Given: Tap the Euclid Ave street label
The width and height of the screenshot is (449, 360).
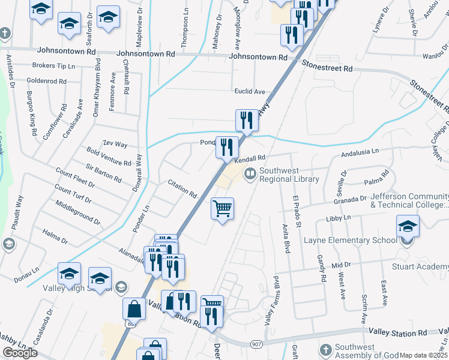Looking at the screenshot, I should pyautogui.click(x=250, y=91).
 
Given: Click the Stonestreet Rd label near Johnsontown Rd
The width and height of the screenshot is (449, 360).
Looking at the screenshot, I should pyautogui.click(x=327, y=67).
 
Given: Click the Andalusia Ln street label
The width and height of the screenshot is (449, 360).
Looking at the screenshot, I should pyautogui.click(x=360, y=154).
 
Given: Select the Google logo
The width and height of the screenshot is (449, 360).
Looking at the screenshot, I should pyautogui.click(x=20, y=353).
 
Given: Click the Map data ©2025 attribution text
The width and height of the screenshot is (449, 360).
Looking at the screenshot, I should pyautogui.click(x=423, y=355).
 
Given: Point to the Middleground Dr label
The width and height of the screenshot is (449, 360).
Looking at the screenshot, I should pyautogui.click(x=77, y=213).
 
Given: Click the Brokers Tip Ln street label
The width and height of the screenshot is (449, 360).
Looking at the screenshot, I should pyautogui.click(x=53, y=65).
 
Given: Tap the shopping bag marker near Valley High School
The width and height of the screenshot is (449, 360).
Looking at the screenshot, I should pyautogui.click(x=134, y=309).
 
